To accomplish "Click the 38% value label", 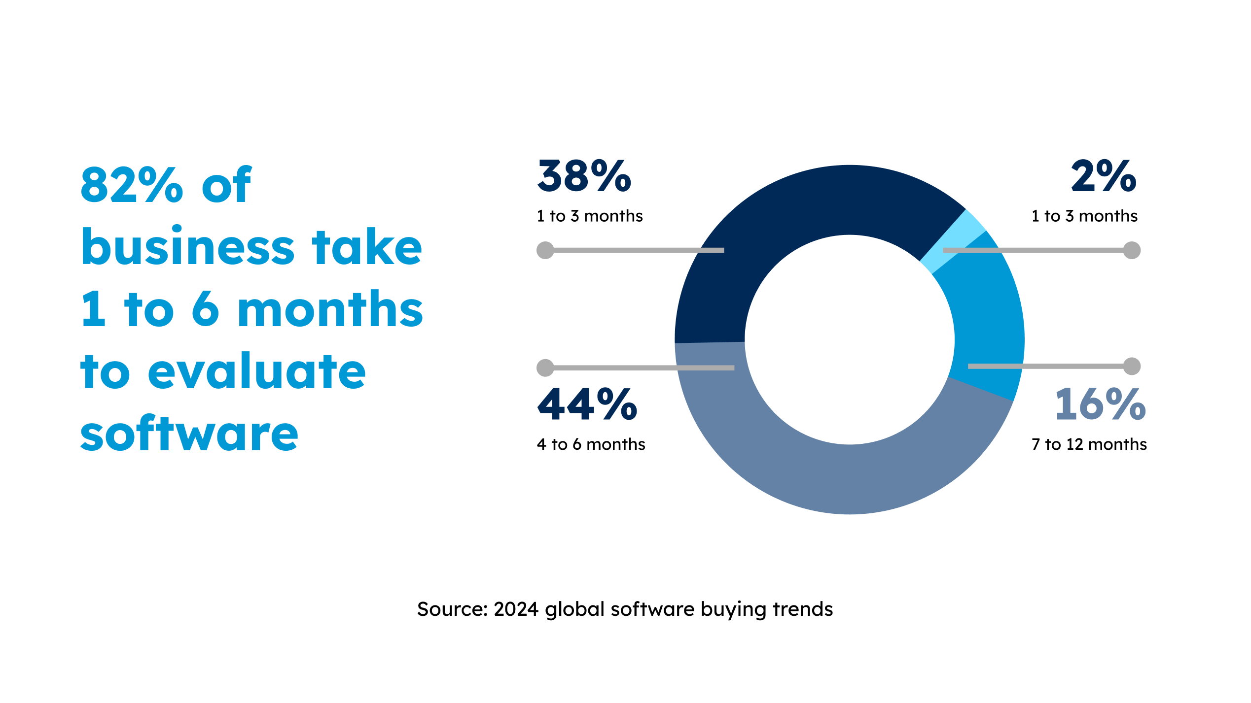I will coord(584,176).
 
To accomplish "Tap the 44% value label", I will coord(587,404).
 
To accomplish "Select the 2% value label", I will coord(1104,176).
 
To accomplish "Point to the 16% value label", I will coord(1100,404).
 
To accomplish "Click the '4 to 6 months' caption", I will coord(591,444).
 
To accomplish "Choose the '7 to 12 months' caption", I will coord(1089,444).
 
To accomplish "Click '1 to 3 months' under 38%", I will coord(590,216).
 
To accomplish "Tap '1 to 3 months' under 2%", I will coord(1084,216).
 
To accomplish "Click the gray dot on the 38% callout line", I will coord(545,250).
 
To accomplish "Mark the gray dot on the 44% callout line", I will coord(545,368).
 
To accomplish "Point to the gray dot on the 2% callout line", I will coord(1132,250).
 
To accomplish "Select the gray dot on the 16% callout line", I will coord(1132,366).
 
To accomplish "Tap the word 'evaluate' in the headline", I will coord(256,372).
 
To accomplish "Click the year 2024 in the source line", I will coord(516,609).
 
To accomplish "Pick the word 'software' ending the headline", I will coord(189,434).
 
